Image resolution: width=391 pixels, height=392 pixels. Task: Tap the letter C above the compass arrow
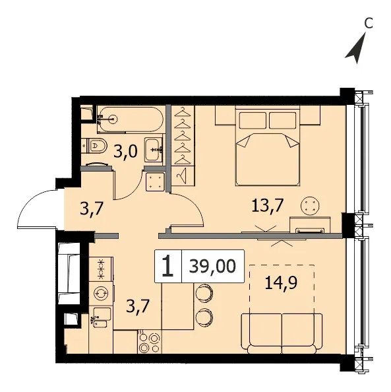click(369, 23)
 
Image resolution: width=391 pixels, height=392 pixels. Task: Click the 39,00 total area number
click(212, 266)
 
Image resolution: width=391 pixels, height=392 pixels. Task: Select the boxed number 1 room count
click(167, 266)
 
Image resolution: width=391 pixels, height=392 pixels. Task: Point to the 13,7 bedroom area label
click(267, 206)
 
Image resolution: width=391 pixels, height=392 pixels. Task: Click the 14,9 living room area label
click(281, 282)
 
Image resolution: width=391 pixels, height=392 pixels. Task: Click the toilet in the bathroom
click(94, 145)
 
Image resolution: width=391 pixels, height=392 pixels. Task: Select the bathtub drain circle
click(113, 119)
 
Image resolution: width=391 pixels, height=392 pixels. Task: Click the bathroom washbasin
click(154, 149)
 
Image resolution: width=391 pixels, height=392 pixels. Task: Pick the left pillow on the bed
click(253, 121)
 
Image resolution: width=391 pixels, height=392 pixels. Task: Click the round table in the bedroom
click(310, 206)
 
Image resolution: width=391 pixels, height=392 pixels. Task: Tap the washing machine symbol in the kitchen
click(101, 293)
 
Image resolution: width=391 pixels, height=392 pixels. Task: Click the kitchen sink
click(102, 317)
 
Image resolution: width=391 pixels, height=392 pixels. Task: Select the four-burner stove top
click(150, 341)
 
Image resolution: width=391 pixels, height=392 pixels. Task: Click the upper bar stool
click(204, 292)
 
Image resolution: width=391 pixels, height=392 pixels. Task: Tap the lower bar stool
click(204, 317)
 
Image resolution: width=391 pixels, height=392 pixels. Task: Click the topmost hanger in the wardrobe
click(183, 112)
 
